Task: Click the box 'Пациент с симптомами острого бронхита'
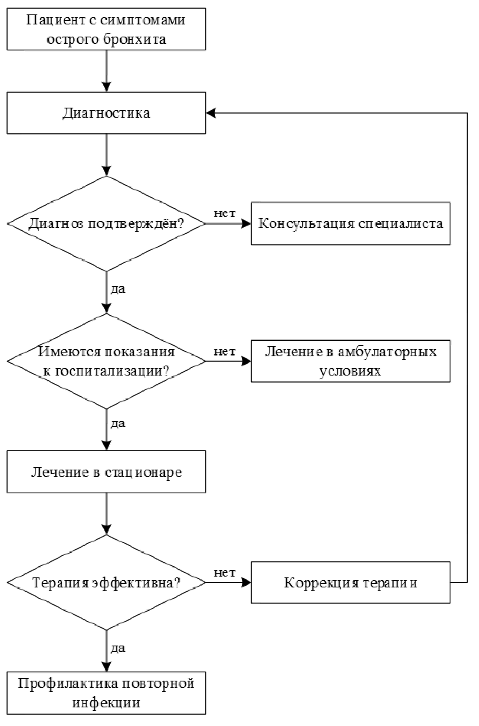pyautogui.click(x=106, y=29)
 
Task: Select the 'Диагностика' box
pyautogui.click(x=106, y=113)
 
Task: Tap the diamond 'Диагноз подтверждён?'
pyautogui.click(x=106, y=223)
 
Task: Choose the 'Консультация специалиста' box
pyautogui.click(x=351, y=223)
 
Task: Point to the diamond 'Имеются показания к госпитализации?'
pyautogui.click(x=106, y=361)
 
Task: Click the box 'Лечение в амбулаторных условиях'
pyautogui.click(x=351, y=361)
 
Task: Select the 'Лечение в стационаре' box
pyautogui.click(x=106, y=472)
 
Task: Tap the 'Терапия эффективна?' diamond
pyautogui.click(x=106, y=582)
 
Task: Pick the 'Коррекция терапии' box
pyautogui.click(x=351, y=582)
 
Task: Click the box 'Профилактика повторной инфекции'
pyautogui.click(x=106, y=693)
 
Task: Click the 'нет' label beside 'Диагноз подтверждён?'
pyautogui.click(x=225, y=213)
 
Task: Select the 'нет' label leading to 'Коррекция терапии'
pyautogui.click(x=225, y=572)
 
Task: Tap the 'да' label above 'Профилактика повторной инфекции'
pyautogui.click(x=118, y=648)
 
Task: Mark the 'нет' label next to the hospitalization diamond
pyautogui.click(x=225, y=351)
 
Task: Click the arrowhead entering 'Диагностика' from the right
pyautogui.click(x=211, y=113)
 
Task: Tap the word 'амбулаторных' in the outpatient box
pyautogui.click(x=387, y=352)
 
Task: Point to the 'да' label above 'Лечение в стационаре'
pyautogui.click(x=118, y=423)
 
